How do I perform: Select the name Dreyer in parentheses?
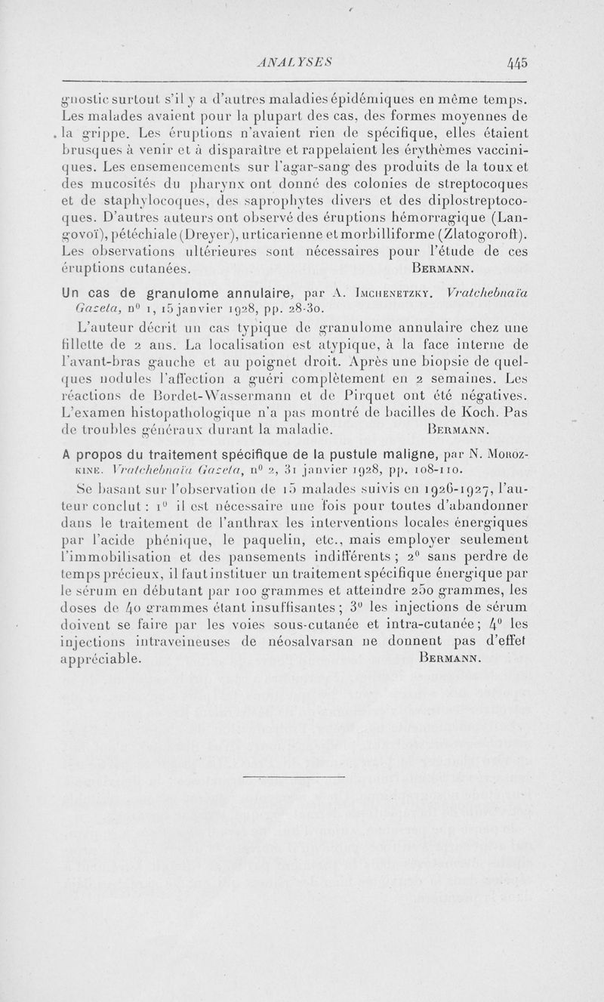pyautogui.click(x=182, y=234)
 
